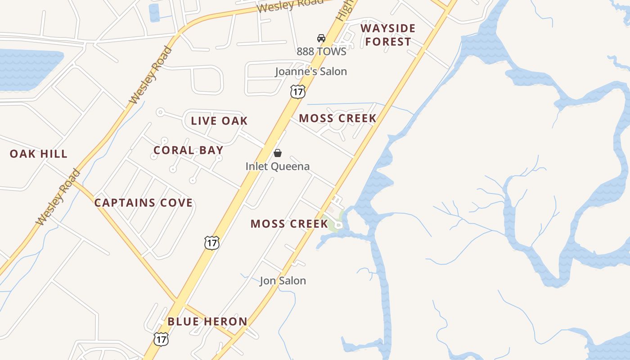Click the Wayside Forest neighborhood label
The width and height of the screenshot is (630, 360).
387,35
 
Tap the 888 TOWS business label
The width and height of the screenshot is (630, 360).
321,51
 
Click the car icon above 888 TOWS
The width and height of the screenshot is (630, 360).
321,38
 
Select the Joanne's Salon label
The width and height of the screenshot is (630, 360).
311,71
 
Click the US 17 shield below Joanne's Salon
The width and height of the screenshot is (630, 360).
297,91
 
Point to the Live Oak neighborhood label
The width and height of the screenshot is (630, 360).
219,121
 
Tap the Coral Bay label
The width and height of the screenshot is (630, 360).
188,150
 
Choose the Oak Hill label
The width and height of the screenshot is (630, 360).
39,154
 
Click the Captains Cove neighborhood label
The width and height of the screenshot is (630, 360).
143,203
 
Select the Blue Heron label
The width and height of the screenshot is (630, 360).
207,322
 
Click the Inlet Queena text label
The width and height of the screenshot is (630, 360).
277,166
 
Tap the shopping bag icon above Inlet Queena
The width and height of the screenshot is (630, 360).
278,153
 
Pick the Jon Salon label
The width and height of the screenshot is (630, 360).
283,281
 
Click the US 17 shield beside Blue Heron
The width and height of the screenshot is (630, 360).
161,339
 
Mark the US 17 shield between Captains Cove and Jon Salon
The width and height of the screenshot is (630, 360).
211,243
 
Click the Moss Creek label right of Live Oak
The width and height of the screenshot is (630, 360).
337,118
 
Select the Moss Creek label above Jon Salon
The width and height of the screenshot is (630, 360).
289,224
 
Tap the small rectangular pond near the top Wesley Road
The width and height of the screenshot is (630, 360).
154,12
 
